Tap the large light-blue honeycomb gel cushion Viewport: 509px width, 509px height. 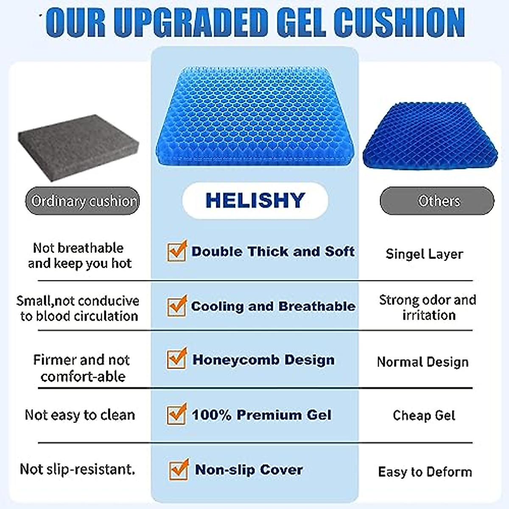click(x=255, y=117)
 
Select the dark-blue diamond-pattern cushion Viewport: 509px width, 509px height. click(x=429, y=136)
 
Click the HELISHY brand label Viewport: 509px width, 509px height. click(x=255, y=201)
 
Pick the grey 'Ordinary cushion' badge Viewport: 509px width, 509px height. click(x=83, y=201)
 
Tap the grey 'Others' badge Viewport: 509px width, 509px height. click(x=437, y=201)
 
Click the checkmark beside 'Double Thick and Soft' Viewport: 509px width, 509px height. click(x=176, y=251)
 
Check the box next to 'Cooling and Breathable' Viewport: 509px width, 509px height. click(x=176, y=306)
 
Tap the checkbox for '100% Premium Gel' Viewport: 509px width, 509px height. click(x=176, y=414)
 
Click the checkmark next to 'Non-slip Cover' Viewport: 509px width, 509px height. click(x=179, y=470)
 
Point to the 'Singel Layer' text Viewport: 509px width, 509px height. click(x=424, y=254)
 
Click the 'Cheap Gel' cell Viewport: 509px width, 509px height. click(x=424, y=415)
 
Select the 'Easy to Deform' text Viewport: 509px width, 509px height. click(x=425, y=472)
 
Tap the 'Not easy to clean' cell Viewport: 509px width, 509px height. click(x=80, y=414)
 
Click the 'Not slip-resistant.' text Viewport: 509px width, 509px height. click(x=78, y=469)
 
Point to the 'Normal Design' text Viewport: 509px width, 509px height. click(x=423, y=362)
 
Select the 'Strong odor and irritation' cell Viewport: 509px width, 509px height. click(x=428, y=308)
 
